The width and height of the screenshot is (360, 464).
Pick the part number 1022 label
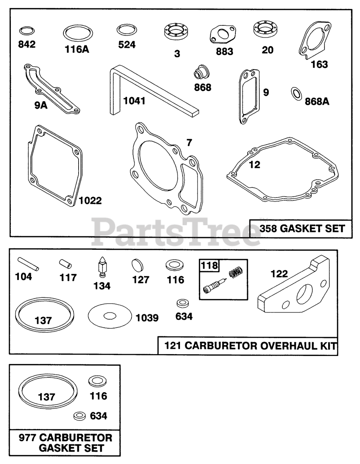click(90, 200)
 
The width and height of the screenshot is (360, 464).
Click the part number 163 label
click(319, 65)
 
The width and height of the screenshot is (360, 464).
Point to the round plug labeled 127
click(139, 265)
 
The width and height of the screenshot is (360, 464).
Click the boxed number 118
click(210, 266)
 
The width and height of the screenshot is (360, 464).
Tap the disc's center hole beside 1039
click(110, 316)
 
